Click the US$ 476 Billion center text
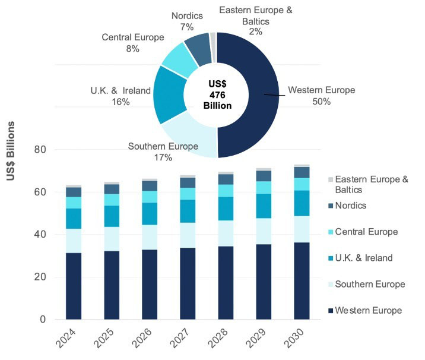[216, 94]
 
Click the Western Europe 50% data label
[321, 96]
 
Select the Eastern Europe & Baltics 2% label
[256, 21]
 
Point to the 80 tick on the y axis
[40, 150]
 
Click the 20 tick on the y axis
[40, 277]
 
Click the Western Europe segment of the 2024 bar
[74, 285]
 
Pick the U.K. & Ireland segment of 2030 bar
[302, 203]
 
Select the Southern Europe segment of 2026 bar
[150, 237]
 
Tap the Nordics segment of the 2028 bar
[226, 179]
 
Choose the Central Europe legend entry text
[366, 232]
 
